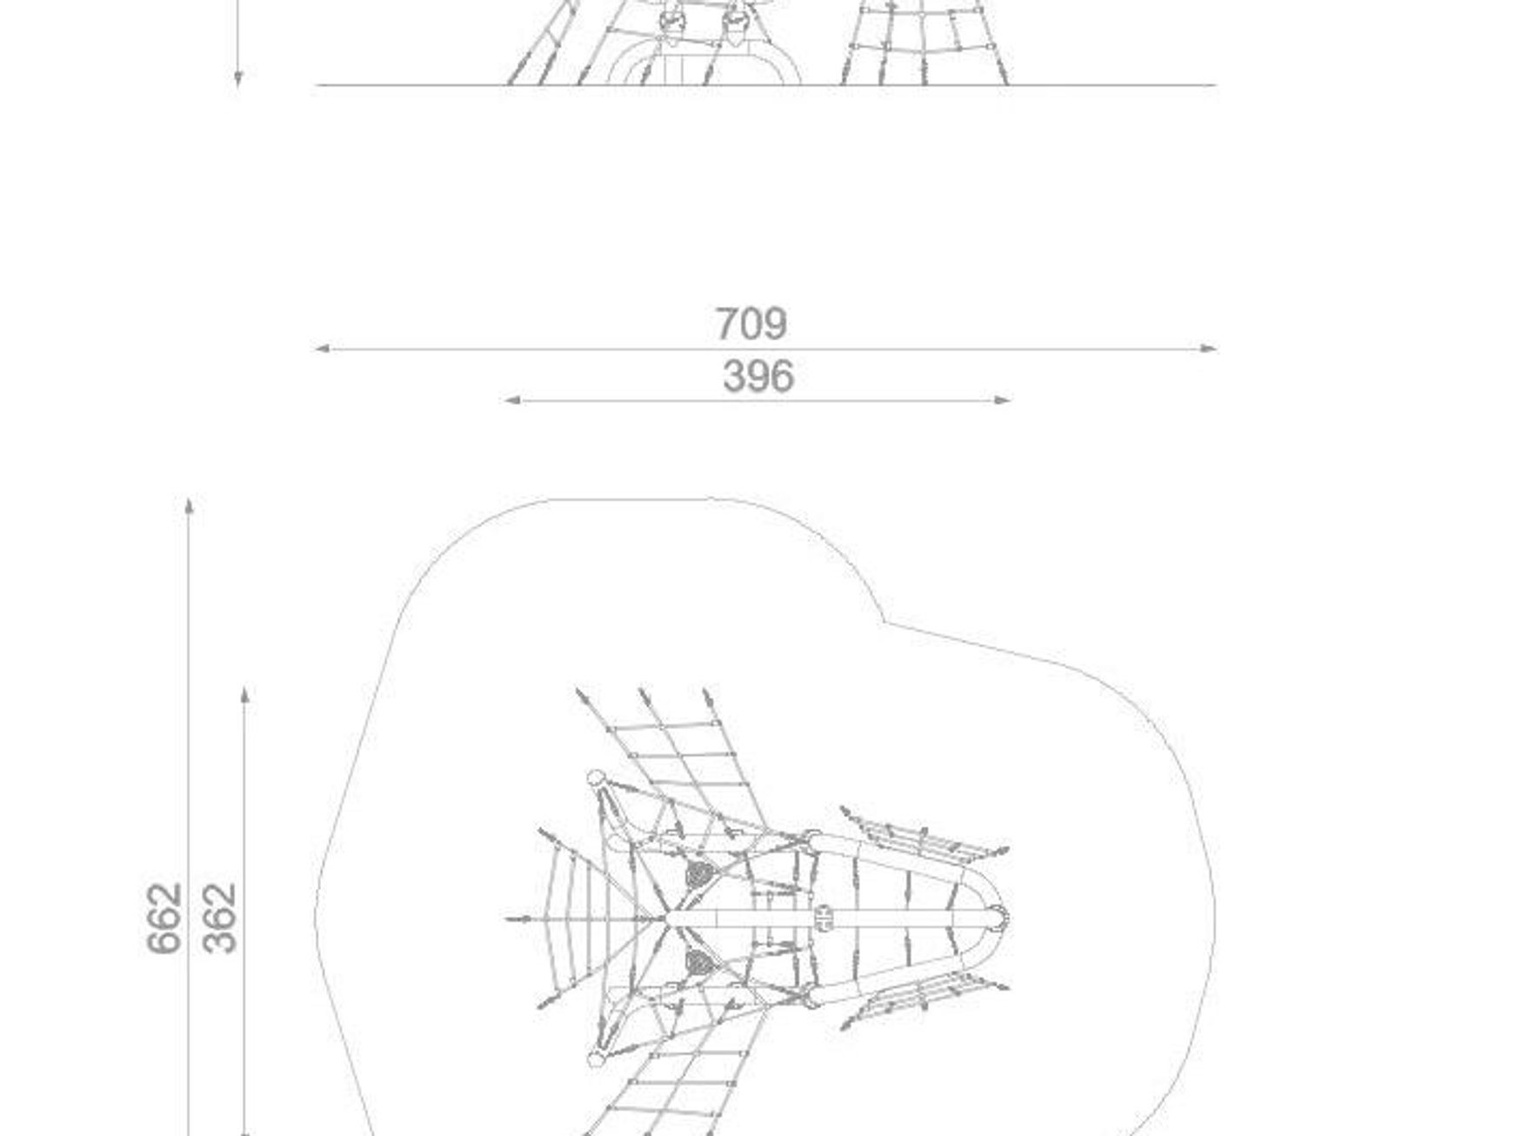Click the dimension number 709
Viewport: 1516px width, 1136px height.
tap(751, 324)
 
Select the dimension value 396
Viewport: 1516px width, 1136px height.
tap(758, 378)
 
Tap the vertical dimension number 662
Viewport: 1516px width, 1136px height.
tap(164, 919)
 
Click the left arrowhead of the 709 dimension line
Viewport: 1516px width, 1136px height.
tap(322, 349)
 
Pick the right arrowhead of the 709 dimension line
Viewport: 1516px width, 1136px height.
tap(1209, 349)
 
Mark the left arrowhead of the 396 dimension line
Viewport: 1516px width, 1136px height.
tap(512, 400)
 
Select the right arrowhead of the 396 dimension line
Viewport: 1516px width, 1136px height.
tap(1003, 400)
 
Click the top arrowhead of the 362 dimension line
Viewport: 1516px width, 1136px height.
tap(245, 694)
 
